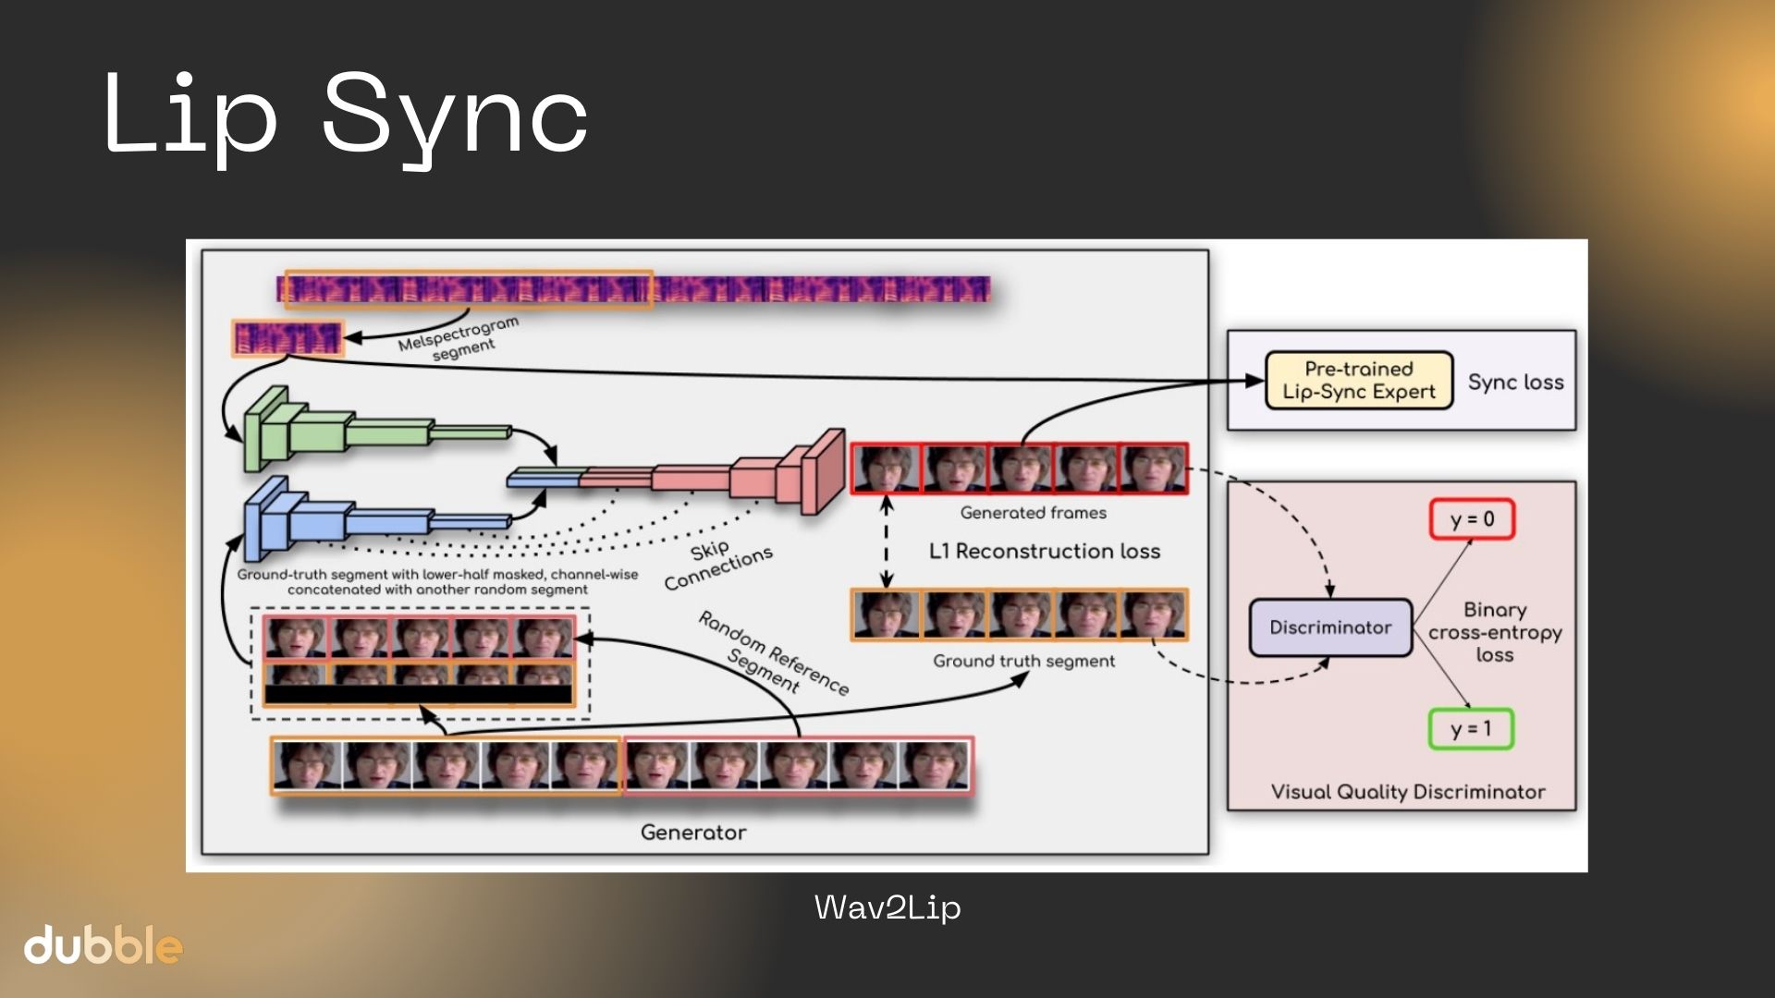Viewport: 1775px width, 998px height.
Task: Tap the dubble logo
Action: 103,945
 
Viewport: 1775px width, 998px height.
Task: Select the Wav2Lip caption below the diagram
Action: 887,907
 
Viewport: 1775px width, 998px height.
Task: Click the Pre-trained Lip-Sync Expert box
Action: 1359,381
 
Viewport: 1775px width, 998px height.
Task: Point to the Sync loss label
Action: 1516,382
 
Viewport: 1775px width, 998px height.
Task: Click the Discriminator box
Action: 1330,627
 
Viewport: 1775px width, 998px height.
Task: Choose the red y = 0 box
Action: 1472,519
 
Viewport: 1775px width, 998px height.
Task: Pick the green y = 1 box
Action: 1471,729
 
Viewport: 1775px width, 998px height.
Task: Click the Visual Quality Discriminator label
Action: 1408,792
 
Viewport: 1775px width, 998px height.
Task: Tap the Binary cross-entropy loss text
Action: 1495,632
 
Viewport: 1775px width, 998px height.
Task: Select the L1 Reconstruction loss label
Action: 1045,552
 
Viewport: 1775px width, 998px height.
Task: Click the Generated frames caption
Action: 1034,513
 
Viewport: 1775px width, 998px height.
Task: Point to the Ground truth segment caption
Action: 1024,662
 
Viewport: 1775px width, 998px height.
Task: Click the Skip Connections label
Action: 717,564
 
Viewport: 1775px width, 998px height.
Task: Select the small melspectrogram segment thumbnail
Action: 288,338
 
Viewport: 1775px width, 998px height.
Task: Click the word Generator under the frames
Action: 693,833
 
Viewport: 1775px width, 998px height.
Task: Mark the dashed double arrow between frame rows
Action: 887,542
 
